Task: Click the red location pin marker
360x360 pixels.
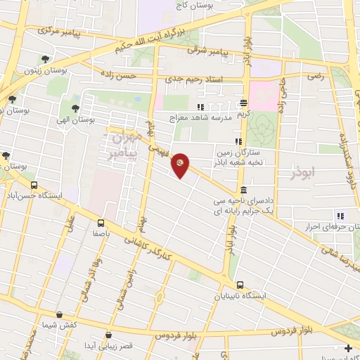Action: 181,165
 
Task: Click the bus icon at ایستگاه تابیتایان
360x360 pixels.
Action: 241,285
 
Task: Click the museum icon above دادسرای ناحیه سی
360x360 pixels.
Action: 243,190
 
